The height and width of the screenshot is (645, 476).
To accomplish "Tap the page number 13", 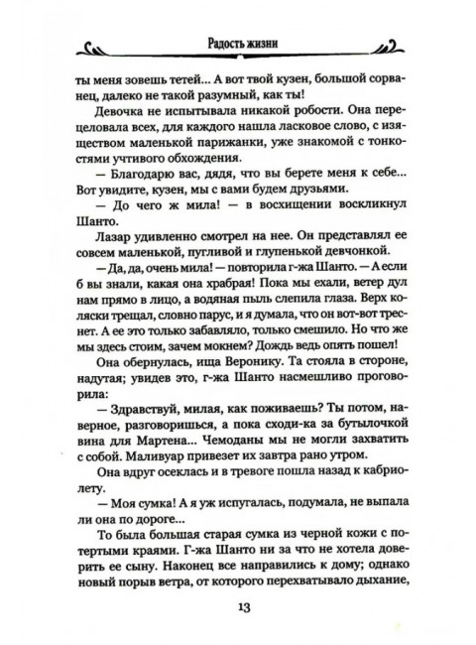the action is [238, 606].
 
